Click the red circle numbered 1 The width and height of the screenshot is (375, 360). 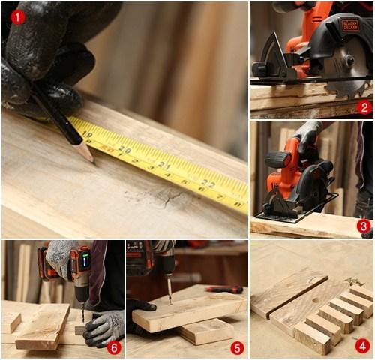point(17,16)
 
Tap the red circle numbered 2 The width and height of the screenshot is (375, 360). point(364,106)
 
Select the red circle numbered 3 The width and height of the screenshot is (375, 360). point(364,225)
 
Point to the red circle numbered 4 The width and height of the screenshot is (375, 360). point(363,345)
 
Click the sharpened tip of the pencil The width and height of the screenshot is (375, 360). point(90,159)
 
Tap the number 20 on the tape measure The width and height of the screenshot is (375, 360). point(124,150)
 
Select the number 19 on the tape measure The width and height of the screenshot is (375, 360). point(88,135)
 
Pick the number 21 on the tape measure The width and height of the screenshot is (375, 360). point(165,166)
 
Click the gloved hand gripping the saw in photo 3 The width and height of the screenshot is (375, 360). point(307,135)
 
